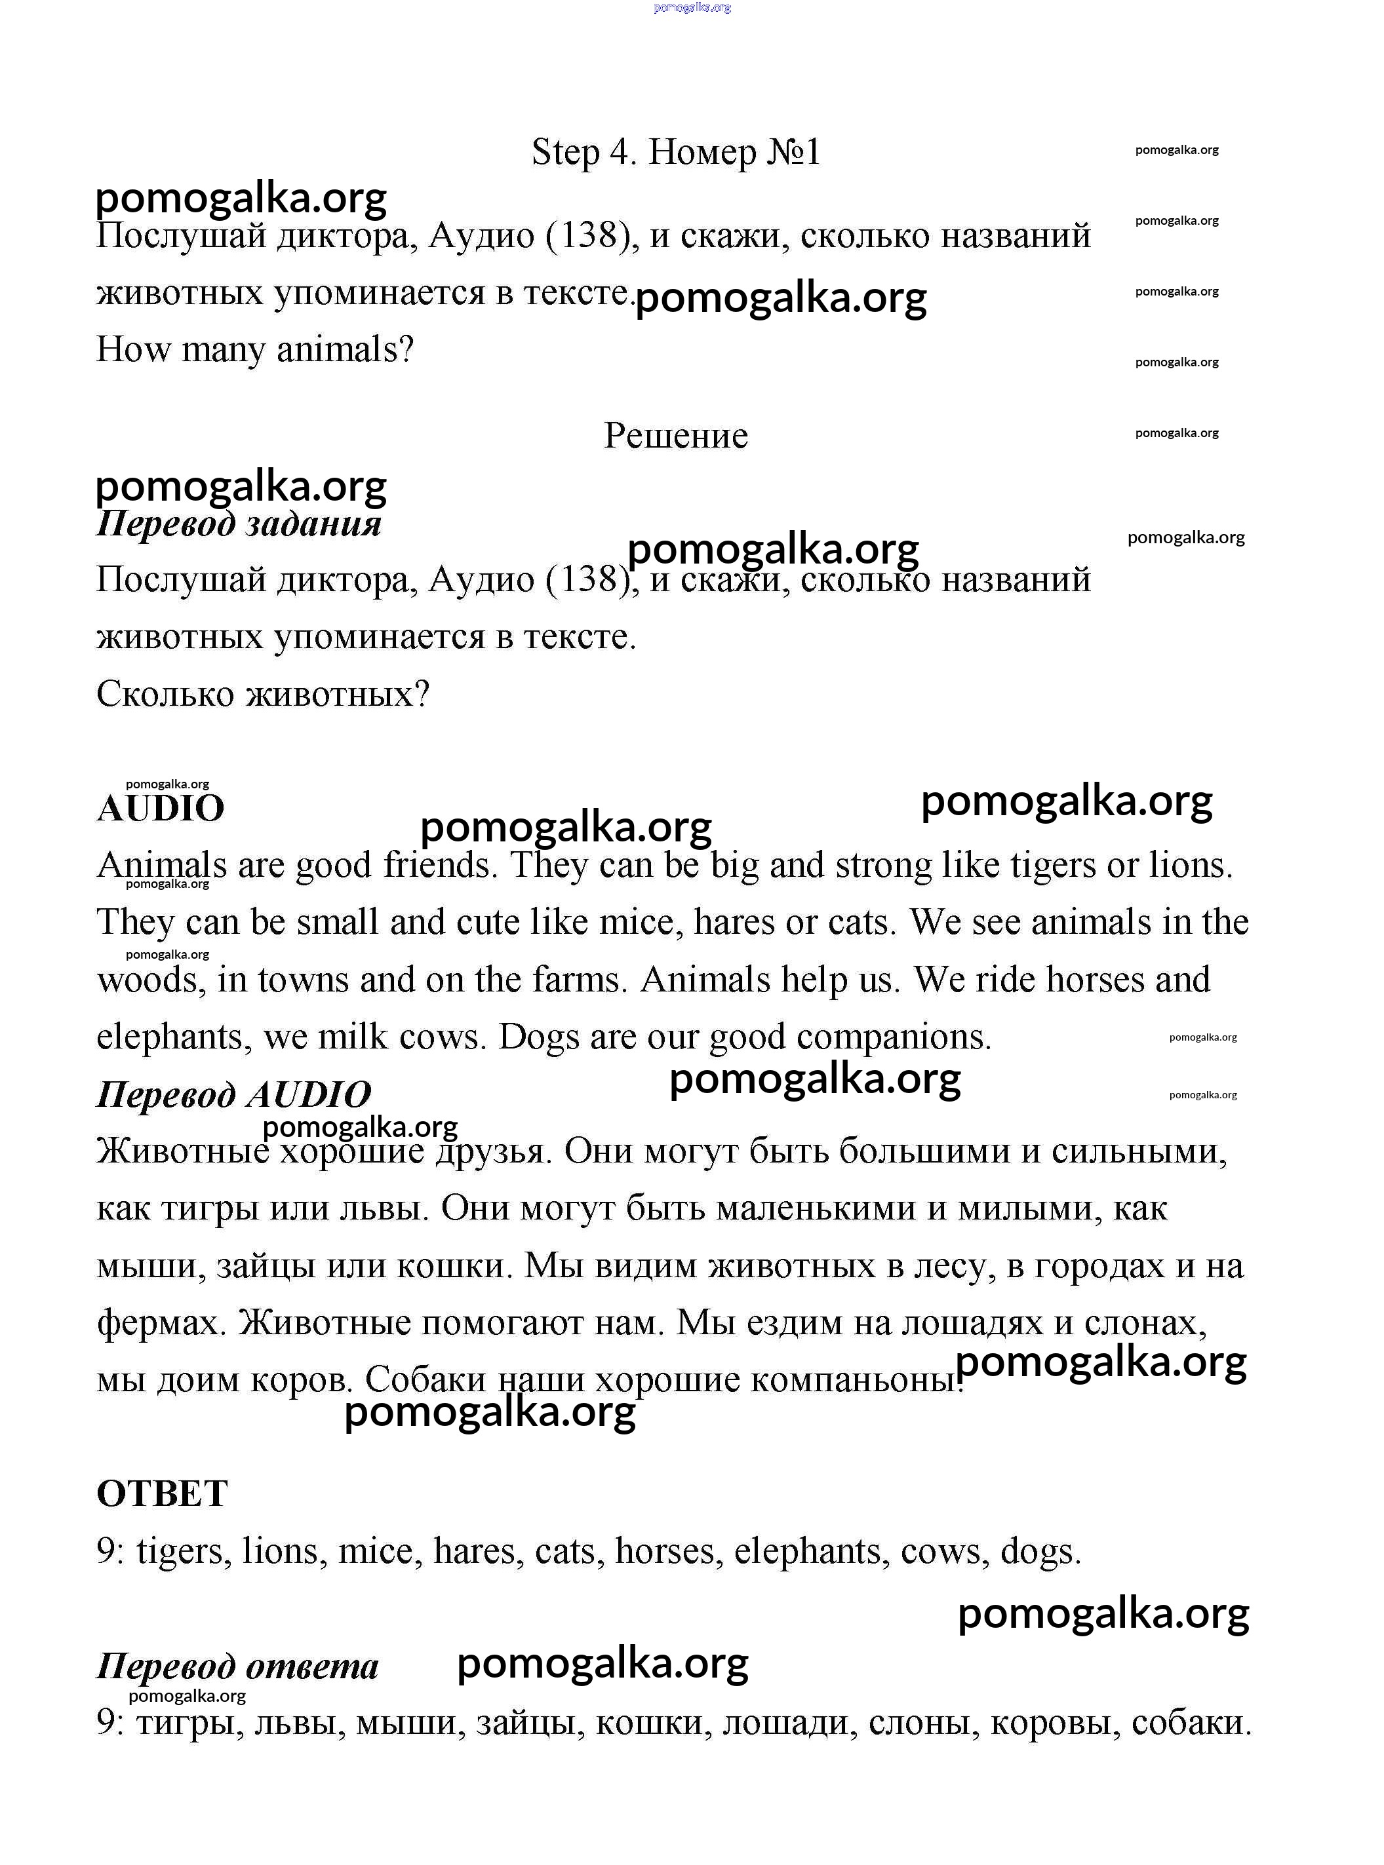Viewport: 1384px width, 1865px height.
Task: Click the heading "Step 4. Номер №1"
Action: point(675,153)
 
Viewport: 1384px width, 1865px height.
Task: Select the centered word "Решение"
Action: point(675,436)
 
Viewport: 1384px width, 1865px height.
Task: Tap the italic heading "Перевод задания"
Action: point(239,524)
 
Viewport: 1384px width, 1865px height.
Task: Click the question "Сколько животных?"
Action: point(263,693)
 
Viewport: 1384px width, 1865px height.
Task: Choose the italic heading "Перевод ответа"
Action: point(237,1666)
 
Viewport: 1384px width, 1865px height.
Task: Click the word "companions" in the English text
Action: point(892,1037)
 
